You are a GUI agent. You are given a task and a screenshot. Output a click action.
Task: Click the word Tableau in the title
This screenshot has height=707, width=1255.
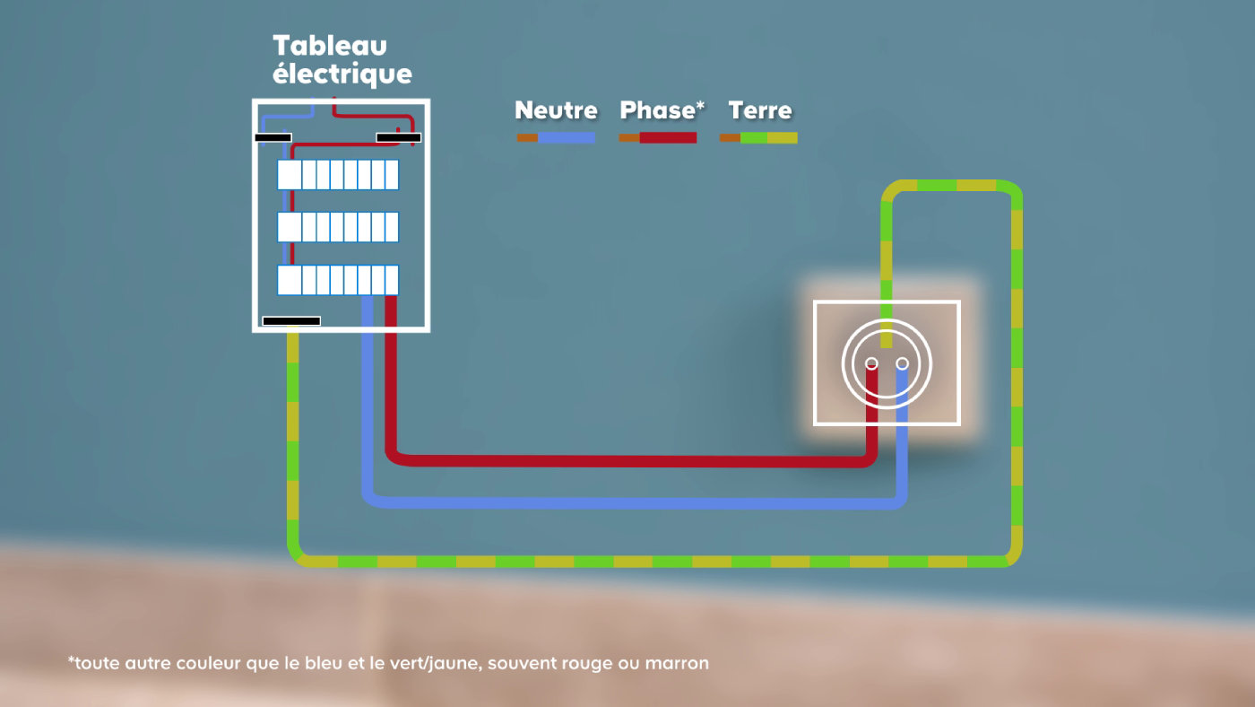pyautogui.click(x=330, y=46)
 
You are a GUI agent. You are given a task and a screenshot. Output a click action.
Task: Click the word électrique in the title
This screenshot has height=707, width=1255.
pyautogui.click(x=342, y=74)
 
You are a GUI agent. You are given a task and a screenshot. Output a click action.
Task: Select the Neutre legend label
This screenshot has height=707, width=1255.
pyautogui.click(x=556, y=110)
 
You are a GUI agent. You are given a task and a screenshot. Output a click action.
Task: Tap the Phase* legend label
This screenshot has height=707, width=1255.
pyautogui.click(x=662, y=109)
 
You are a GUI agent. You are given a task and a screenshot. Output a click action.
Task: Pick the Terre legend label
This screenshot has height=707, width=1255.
pyautogui.click(x=760, y=110)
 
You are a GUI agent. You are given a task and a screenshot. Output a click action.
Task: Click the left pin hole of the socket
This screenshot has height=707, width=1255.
pyautogui.click(x=871, y=364)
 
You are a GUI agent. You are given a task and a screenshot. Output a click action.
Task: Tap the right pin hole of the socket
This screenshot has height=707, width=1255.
pyautogui.click(x=902, y=364)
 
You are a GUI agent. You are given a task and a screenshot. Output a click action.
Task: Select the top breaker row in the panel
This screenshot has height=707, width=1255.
pyautogui.click(x=338, y=175)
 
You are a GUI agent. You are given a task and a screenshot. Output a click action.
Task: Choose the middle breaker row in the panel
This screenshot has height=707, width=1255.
pyautogui.click(x=338, y=227)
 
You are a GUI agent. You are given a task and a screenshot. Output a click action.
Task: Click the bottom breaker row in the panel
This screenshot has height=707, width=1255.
pyautogui.click(x=338, y=280)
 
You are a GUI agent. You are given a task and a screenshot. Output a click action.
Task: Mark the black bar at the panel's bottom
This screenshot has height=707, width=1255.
pyautogui.click(x=291, y=321)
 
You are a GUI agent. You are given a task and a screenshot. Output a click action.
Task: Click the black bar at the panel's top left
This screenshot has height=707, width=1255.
pyautogui.click(x=273, y=137)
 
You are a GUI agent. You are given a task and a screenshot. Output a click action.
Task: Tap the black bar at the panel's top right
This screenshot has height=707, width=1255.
pyautogui.click(x=398, y=137)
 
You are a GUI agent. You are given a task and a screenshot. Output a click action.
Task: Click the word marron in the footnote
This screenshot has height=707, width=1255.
pyautogui.click(x=677, y=664)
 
